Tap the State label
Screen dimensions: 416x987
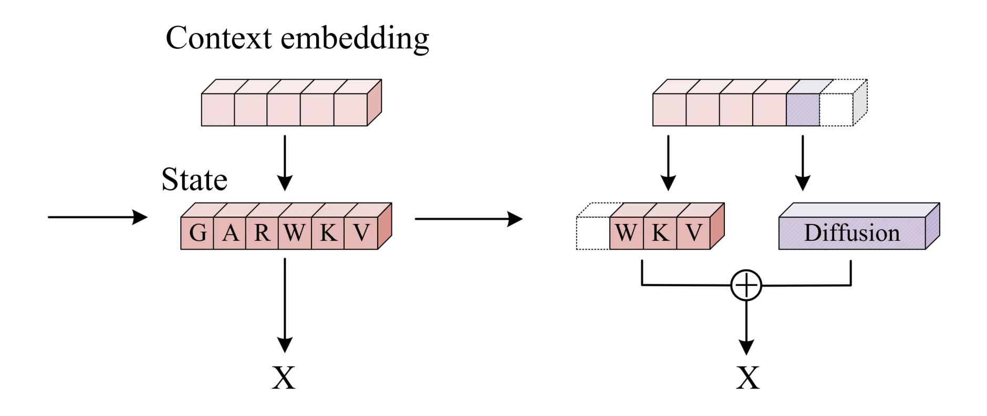pos(194,180)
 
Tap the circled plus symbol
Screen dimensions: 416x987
pos(746,285)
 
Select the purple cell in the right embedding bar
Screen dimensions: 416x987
pos(803,110)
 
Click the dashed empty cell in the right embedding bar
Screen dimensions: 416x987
pos(836,110)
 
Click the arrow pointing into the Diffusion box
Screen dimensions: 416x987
pos(803,163)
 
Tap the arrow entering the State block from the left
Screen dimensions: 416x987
pos(97,217)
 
